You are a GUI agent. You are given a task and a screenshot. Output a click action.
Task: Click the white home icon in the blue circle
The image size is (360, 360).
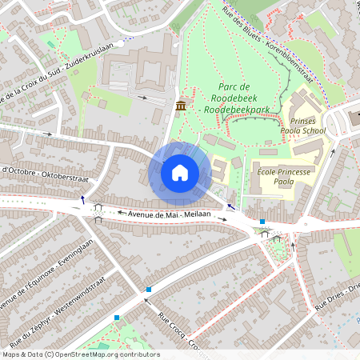click(180, 172)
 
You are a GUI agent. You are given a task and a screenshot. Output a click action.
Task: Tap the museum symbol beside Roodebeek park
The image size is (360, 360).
click(181, 106)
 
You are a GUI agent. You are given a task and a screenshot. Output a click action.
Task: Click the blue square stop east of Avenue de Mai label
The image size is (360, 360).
click(262, 222)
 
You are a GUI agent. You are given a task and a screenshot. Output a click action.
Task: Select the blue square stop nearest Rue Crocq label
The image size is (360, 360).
click(149, 289)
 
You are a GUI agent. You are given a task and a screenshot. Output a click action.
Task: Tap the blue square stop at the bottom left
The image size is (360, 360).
click(117, 318)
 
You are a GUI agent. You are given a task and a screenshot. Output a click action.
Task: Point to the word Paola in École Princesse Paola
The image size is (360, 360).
click(284, 182)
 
